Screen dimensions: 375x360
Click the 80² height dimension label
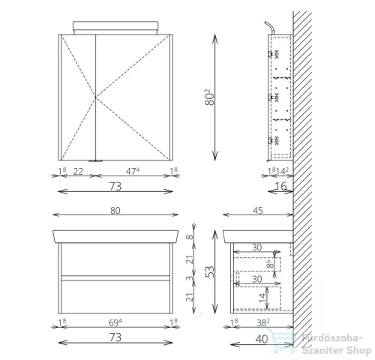click(x=210, y=97)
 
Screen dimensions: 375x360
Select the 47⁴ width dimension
click(x=133, y=171)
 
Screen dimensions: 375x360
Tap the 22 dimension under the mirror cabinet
click(x=78, y=172)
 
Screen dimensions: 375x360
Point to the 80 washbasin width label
click(x=115, y=211)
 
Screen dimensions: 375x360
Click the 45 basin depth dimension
click(x=258, y=211)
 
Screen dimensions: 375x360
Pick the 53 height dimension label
click(x=210, y=271)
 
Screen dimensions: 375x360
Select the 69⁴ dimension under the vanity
click(x=115, y=322)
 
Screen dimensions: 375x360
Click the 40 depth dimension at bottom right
click(x=262, y=339)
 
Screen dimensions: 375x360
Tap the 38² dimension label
click(x=263, y=322)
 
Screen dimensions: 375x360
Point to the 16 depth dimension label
click(x=280, y=186)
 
